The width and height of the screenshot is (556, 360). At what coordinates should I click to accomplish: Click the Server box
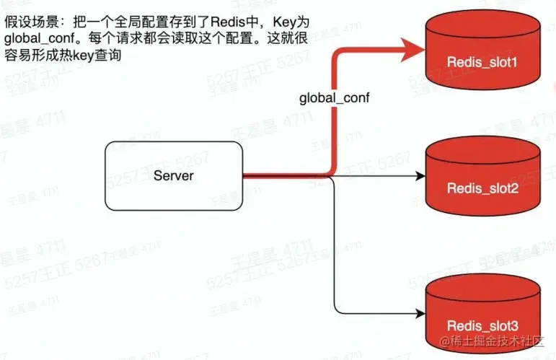click(174, 175)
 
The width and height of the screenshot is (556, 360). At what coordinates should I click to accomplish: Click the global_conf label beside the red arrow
click(335, 97)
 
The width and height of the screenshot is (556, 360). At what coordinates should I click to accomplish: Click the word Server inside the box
click(174, 175)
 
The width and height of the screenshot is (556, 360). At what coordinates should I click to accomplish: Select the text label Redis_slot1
click(482, 63)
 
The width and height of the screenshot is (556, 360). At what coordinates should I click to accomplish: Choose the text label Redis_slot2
click(482, 188)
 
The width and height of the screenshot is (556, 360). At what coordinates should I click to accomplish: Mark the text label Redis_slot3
click(482, 325)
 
